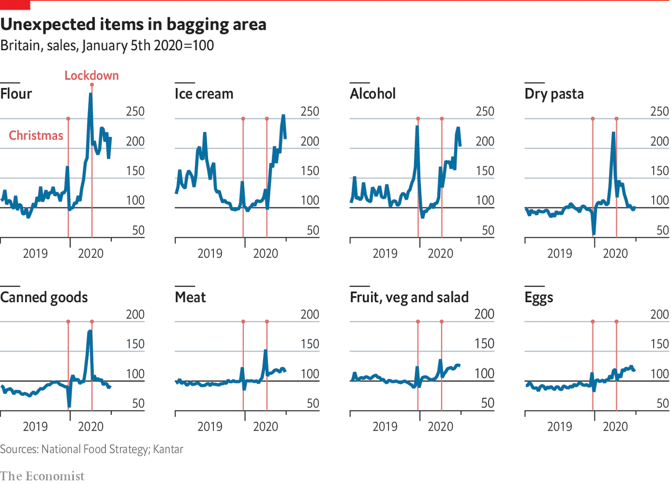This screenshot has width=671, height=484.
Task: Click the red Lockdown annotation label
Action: (92, 75)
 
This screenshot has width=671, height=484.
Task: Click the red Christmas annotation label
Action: (36, 136)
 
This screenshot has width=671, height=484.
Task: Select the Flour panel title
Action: (16, 94)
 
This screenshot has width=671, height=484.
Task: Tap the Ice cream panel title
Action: (204, 94)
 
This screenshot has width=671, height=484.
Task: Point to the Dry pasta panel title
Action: (554, 94)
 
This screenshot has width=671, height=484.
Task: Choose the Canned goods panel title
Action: (44, 298)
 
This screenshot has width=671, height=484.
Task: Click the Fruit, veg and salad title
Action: (409, 298)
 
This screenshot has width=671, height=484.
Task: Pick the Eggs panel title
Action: (539, 298)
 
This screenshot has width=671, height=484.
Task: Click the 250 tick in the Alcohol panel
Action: (485, 112)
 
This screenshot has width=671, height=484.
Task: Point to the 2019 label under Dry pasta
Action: (559, 254)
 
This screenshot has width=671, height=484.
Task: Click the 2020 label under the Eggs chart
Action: (615, 427)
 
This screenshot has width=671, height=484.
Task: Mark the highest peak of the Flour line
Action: (91, 94)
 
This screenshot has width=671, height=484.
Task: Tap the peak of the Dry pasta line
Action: (613, 133)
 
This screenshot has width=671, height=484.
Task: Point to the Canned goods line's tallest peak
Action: (90, 331)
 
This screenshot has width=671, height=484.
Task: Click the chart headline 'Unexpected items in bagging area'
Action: (134, 24)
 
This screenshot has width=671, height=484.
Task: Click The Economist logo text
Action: (42, 476)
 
